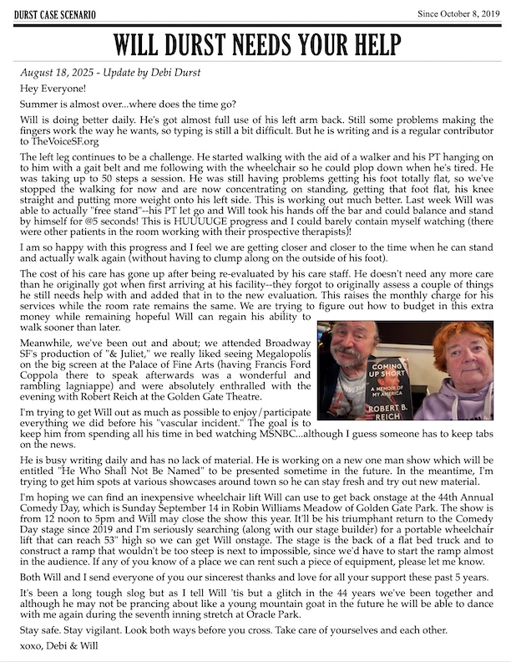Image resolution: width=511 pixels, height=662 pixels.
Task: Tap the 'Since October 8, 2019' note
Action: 460,14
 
